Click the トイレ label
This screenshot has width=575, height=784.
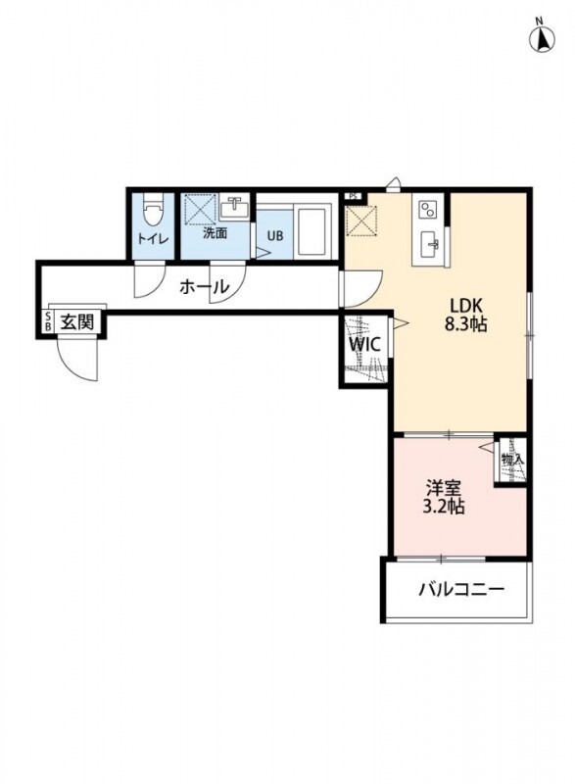[153, 238]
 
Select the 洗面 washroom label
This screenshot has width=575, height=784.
[215, 233]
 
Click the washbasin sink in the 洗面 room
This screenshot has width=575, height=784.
[235, 208]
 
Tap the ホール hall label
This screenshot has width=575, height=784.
[205, 288]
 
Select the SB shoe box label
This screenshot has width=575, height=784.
[47, 322]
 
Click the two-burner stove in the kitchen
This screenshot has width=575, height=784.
[428, 209]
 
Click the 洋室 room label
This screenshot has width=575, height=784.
[444, 487]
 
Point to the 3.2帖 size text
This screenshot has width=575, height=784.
[444, 508]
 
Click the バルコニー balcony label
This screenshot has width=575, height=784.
[460, 590]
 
